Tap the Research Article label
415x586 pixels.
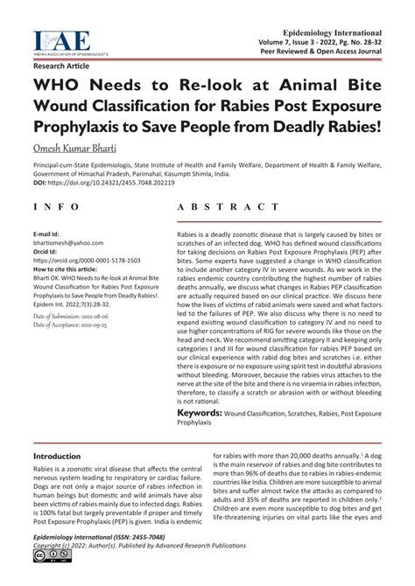(x=62, y=66)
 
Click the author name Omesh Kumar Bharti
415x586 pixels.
(x=86, y=150)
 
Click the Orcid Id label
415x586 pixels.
(x=46, y=253)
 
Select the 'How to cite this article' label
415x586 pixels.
(x=73, y=269)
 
